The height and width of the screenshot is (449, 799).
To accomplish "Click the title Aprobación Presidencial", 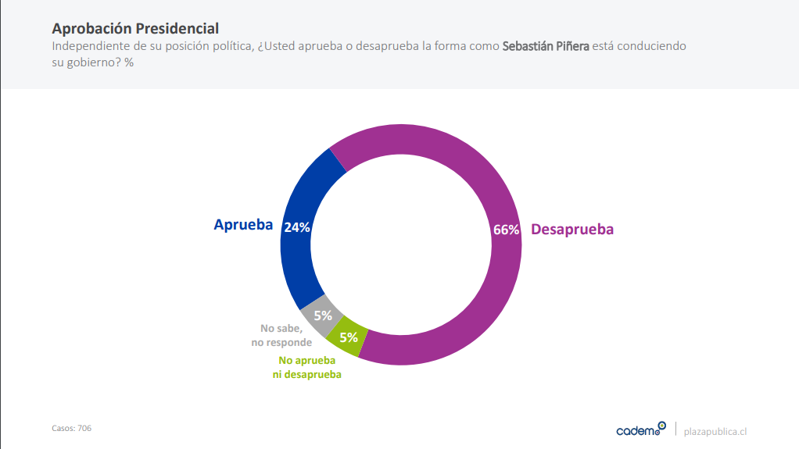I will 134,29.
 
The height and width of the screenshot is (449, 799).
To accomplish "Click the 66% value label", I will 506,230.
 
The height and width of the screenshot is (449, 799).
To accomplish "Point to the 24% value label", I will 297,227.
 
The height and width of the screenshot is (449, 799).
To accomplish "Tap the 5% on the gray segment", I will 323,315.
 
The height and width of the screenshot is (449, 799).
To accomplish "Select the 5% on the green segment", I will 349,337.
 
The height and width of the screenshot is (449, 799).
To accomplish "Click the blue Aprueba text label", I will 243,225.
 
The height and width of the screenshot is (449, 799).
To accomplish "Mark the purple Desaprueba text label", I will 572,230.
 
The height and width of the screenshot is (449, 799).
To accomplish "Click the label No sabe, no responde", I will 281,336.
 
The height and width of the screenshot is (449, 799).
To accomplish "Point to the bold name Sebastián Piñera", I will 546,46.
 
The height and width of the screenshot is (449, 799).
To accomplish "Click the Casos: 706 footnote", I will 72,428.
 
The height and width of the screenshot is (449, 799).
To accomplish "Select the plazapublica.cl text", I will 715,431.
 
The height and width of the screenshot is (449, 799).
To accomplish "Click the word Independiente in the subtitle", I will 91,46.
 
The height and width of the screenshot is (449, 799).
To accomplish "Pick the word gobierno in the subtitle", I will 93,62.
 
